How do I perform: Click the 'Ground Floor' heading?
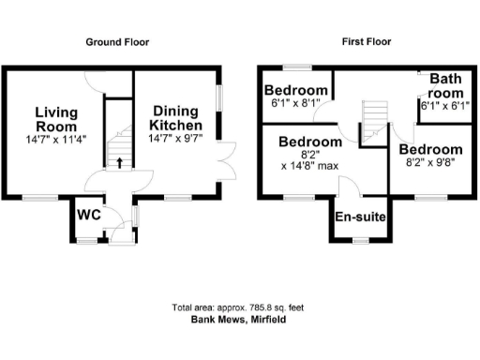tap(117, 42)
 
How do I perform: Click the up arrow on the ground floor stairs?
tap(119, 163)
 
